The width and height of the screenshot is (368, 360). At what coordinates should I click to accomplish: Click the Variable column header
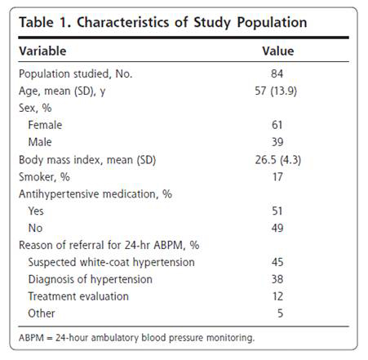tap(42, 51)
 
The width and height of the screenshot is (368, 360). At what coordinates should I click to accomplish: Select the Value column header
tap(278, 51)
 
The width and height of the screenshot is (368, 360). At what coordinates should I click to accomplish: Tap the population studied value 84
tap(277, 73)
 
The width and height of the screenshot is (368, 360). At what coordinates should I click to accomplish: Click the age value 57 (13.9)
tap(276, 91)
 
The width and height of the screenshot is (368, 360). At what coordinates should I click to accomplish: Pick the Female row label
tap(45, 125)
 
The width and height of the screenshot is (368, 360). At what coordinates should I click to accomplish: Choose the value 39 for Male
tap(277, 142)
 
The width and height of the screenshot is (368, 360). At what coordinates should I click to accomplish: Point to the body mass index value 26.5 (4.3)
tap(278, 160)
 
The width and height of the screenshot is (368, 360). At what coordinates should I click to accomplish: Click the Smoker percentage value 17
tap(277, 177)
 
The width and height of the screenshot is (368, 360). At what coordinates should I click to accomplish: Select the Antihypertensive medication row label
tap(95, 194)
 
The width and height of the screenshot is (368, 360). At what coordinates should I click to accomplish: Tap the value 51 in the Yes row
tap(277, 211)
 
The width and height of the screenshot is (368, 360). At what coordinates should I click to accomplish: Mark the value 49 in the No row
tap(277, 228)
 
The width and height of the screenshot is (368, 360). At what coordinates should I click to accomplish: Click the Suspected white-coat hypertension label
tap(112, 262)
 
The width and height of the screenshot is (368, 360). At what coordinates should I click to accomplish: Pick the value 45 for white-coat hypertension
tap(277, 262)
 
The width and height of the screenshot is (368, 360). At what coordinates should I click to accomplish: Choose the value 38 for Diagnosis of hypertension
tap(277, 279)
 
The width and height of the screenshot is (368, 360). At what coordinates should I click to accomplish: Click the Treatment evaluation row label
tap(78, 296)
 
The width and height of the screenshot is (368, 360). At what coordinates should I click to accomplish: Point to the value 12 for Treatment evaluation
tap(277, 296)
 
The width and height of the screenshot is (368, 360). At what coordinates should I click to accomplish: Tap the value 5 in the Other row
tap(280, 313)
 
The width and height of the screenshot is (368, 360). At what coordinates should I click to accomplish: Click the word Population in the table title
tap(272, 23)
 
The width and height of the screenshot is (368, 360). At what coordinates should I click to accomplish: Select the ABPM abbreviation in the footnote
tap(31, 338)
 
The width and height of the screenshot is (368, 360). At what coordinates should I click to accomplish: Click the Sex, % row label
tap(35, 108)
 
